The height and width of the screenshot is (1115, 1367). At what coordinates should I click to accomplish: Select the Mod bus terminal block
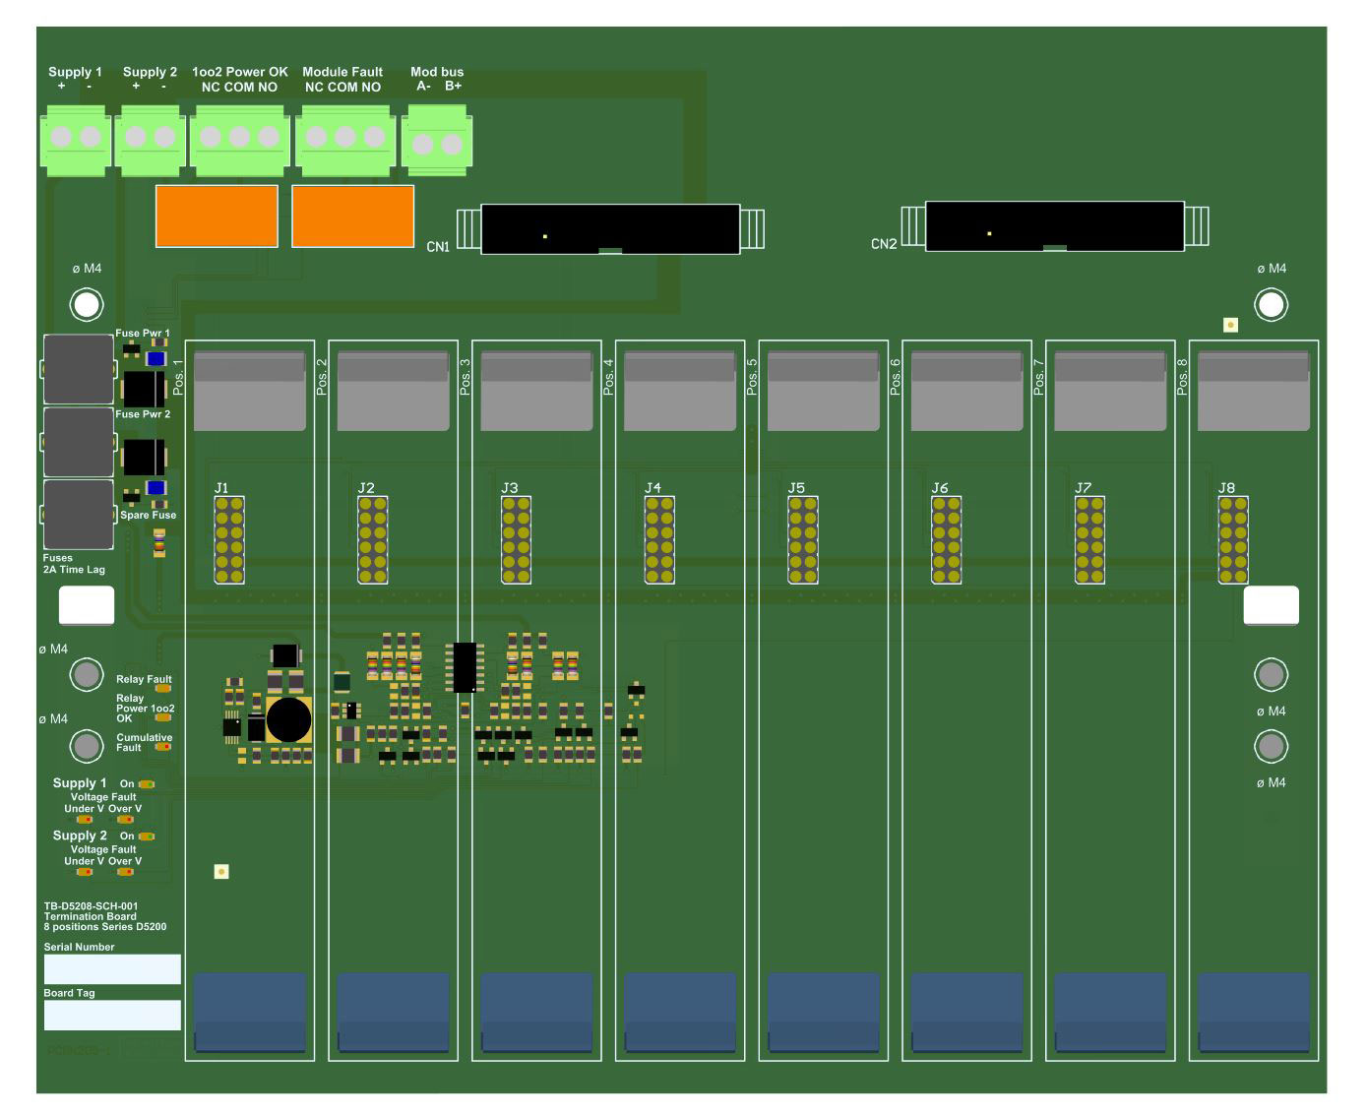(x=437, y=142)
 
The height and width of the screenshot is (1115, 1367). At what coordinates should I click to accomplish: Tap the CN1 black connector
(x=610, y=229)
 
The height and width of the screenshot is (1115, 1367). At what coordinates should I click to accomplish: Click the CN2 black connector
(x=1054, y=226)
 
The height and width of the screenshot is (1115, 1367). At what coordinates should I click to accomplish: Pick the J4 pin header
(x=659, y=540)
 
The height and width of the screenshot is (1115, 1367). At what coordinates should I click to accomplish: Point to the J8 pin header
(x=1233, y=540)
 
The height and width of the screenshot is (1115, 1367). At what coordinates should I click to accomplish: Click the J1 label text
(x=221, y=488)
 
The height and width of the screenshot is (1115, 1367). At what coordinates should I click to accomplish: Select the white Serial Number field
(x=112, y=969)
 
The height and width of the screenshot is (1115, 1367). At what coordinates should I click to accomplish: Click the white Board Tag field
(x=112, y=1015)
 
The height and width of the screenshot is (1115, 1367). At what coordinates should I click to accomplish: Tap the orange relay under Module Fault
(x=353, y=216)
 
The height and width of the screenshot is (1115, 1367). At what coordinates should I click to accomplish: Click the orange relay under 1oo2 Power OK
(x=217, y=216)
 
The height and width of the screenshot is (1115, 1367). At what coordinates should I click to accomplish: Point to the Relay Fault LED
(x=163, y=689)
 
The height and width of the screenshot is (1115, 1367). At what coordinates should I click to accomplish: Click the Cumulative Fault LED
(x=163, y=747)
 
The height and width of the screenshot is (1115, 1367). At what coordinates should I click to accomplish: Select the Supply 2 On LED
(x=147, y=836)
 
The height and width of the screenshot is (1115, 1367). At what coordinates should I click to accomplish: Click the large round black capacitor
(x=288, y=720)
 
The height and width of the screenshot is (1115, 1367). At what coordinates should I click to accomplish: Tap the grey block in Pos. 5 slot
(x=823, y=392)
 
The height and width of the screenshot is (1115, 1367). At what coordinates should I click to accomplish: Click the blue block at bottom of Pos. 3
(x=536, y=1012)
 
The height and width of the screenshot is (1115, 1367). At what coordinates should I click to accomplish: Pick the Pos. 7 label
(x=1039, y=377)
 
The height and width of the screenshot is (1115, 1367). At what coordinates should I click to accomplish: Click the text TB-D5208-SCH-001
(x=92, y=906)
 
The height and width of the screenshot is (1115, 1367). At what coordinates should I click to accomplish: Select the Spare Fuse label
(x=148, y=516)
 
